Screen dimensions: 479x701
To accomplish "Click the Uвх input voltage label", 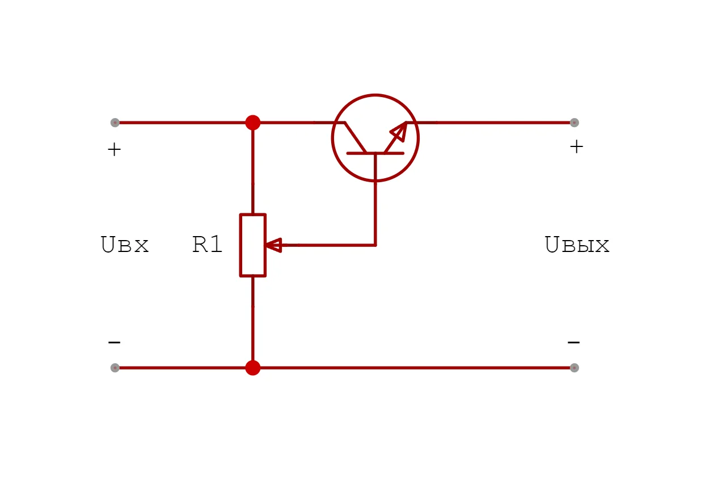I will pos(125,245).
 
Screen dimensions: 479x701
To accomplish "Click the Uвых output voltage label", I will pos(577,245).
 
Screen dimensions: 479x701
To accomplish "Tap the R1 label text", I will pos(208,245).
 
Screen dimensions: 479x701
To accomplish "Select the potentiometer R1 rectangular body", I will pos(252,245).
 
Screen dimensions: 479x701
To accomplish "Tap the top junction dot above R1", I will pos(253,122).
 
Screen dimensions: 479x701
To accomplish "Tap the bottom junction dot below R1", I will pos(253,368).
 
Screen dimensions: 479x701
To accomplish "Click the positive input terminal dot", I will pos(115,122).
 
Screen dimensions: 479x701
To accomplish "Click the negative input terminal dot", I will pos(115,368).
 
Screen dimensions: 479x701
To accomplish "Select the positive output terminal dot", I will pos(574,122).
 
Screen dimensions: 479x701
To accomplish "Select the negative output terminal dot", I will pos(574,368).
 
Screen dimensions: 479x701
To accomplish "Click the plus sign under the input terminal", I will pos(114,150).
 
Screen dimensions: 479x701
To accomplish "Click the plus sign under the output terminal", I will pos(576,147).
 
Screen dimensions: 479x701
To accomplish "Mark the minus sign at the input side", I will pos(114,343).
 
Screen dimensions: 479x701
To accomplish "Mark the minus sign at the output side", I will pos(573,343).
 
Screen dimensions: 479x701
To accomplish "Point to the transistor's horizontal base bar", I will pos(375,153).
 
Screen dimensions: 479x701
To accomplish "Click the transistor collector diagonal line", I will pos(355,137).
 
